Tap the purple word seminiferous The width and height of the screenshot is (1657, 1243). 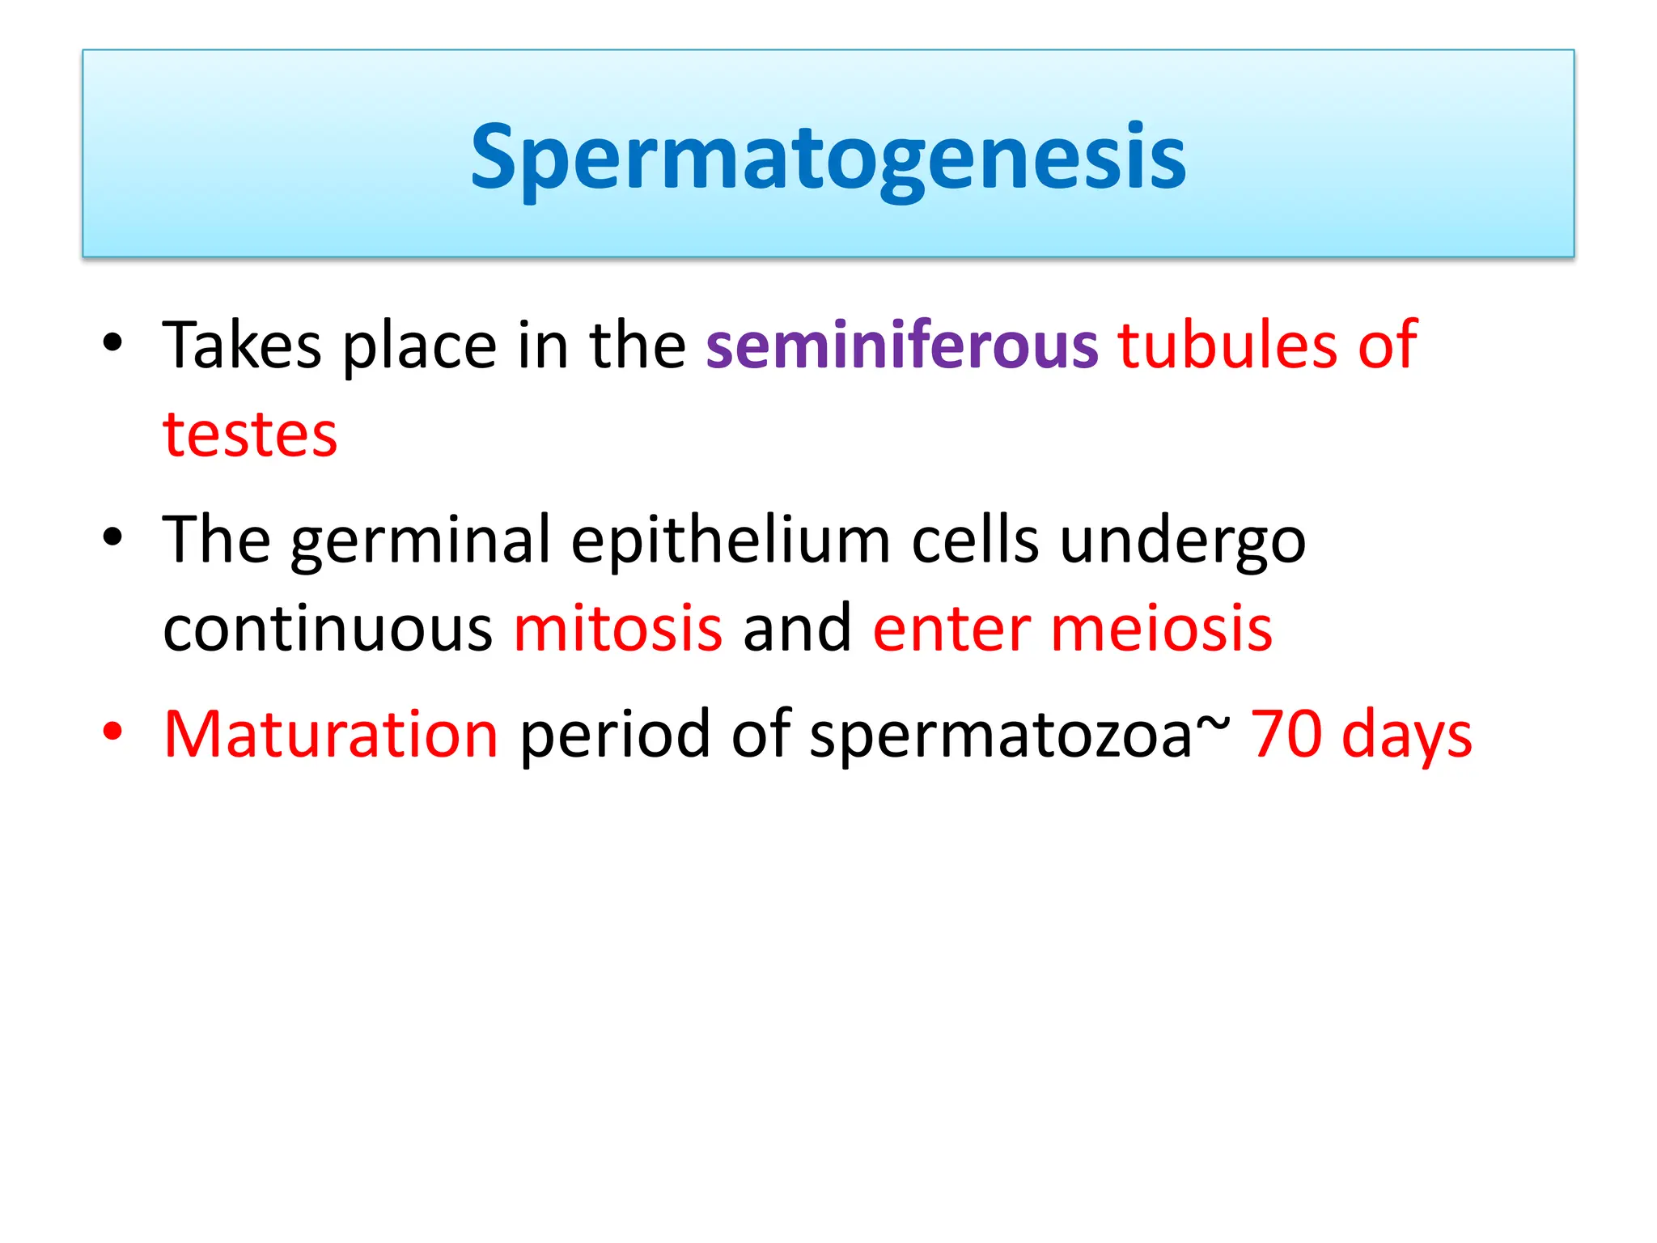pos(901,346)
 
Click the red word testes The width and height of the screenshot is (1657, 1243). pos(250,435)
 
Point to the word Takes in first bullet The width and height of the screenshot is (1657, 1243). pos(242,346)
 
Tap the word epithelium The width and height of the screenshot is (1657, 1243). pos(731,541)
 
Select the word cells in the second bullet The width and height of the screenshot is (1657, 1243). pos(975,541)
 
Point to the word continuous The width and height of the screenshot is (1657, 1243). pos(328,629)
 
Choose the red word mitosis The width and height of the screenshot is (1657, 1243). pos(617,629)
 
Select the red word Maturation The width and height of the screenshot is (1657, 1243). pos(331,734)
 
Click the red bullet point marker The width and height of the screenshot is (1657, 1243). pos(112,731)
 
